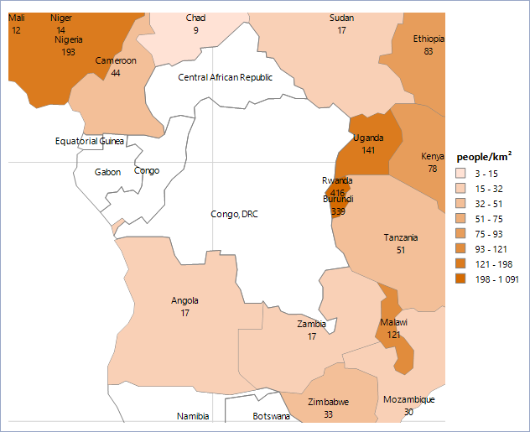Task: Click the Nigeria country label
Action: (68, 39)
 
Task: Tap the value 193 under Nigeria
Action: (68, 52)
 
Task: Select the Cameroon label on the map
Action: (115, 61)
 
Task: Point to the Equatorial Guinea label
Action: (90, 141)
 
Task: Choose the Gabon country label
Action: (107, 172)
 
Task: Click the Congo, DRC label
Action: (234, 214)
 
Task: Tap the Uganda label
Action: (368, 138)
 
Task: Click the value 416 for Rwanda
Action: (338, 192)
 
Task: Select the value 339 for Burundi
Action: (338, 211)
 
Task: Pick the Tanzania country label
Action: (400, 237)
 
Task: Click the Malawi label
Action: (393, 323)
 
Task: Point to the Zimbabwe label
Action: (329, 402)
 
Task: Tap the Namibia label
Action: (193, 416)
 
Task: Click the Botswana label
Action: (271, 416)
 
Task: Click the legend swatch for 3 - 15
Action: (460, 173)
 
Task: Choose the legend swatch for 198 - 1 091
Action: (460, 279)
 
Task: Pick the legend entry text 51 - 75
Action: (487, 219)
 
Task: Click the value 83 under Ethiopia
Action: (429, 52)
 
